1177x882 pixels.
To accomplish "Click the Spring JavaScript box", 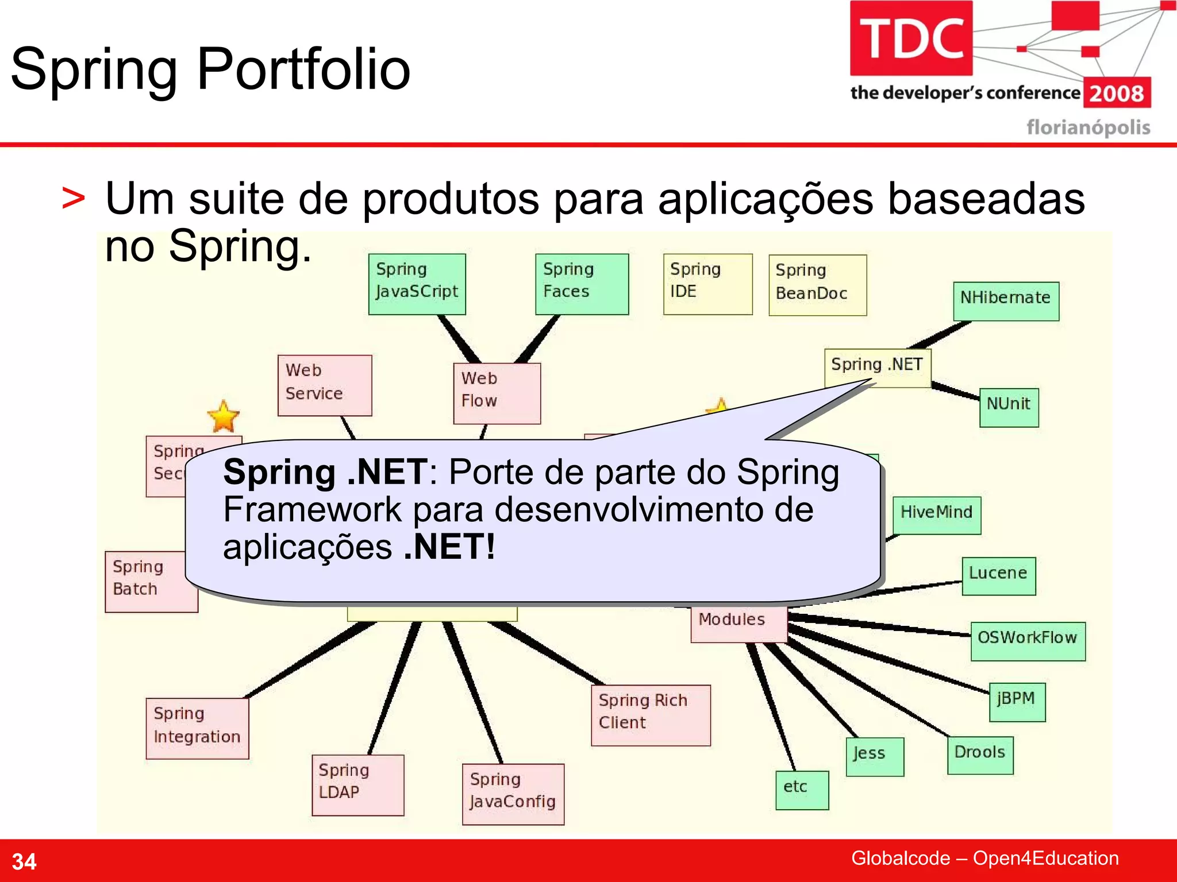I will [x=417, y=284].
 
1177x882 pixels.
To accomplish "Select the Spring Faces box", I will [x=582, y=284].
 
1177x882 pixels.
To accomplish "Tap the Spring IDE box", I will [x=707, y=284].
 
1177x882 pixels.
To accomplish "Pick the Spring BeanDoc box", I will [x=817, y=285].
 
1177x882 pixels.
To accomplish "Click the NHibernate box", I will [x=1006, y=301].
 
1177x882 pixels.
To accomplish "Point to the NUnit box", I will [x=1009, y=407].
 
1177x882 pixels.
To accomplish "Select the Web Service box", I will [x=325, y=385].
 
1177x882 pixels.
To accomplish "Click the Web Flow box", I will [x=497, y=393].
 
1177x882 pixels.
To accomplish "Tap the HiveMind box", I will [x=936, y=515].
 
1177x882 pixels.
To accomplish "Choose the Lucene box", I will [x=998, y=576].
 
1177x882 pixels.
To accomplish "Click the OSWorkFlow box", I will [x=1028, y=641].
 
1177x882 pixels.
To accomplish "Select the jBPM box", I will [x=1017, y=702].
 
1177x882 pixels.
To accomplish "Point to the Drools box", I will [x=980, y=755].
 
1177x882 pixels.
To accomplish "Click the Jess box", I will [x=874, y=757].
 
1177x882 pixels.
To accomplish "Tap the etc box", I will [x=802, y=790].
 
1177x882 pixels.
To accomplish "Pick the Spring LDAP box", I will [x=357, y=785].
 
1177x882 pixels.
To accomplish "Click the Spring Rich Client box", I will [x=651, y=715].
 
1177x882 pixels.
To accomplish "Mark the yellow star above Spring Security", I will [x=223, y=416].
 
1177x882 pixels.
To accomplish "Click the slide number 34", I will [x=24, y=861].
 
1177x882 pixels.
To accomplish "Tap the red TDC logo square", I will [x=911, y=38].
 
